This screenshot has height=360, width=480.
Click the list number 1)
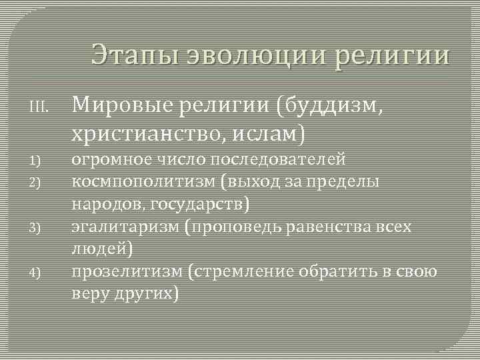click(36, 161)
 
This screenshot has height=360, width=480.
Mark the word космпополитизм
click(144, 182)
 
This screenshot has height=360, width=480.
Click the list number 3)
click(36, 228)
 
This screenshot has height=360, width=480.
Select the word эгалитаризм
click(126, 227)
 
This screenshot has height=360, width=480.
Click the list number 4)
click(36, 272)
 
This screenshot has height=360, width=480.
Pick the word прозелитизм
click(126, 271)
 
